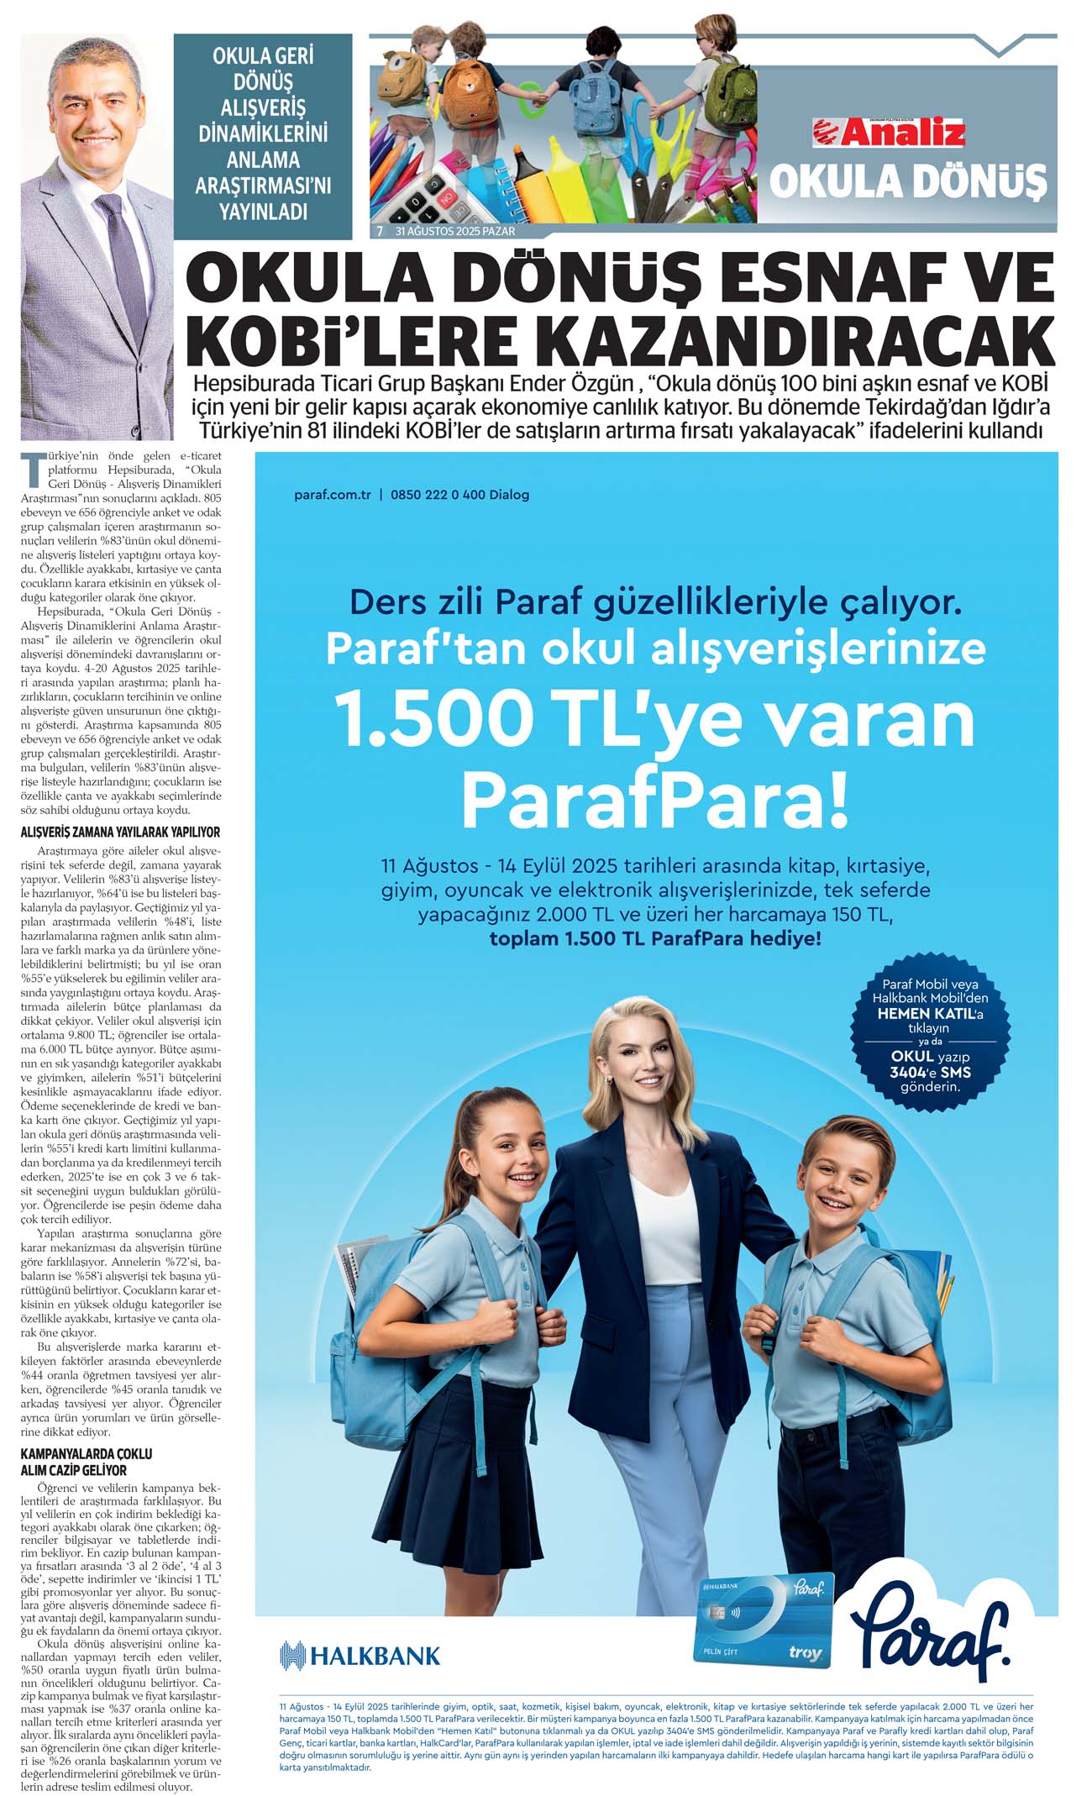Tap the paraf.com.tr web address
333,495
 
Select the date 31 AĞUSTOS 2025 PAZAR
455,231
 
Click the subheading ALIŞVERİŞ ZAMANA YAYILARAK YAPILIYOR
120,832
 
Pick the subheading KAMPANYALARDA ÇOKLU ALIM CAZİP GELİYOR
87,1462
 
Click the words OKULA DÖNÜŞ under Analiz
908,181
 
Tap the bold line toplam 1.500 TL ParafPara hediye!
655,938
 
